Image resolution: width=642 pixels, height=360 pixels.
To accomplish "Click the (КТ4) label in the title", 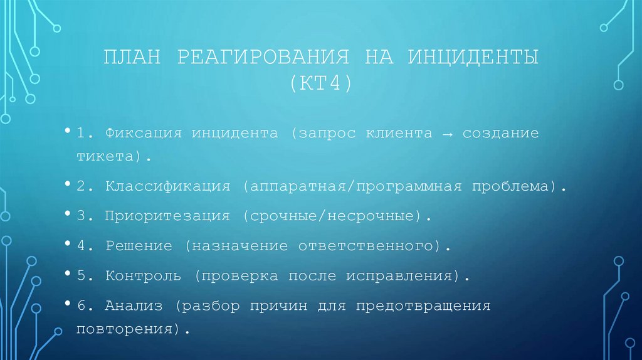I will tap(321, 83).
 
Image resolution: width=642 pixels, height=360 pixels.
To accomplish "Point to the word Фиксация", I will tap(144, 134).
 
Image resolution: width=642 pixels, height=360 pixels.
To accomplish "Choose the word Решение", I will tap(139, 246).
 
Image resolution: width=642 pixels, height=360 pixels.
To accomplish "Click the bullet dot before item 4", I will tap(66, 243).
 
